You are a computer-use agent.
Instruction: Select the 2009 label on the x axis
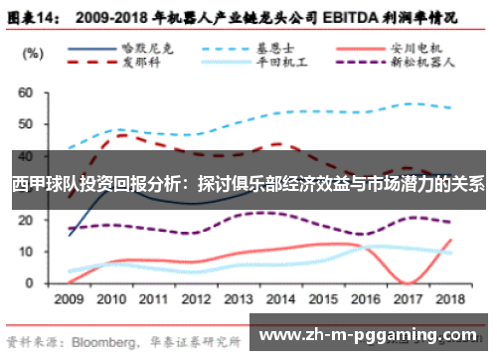coord(69,297)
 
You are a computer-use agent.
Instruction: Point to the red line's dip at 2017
coord(409,282)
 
